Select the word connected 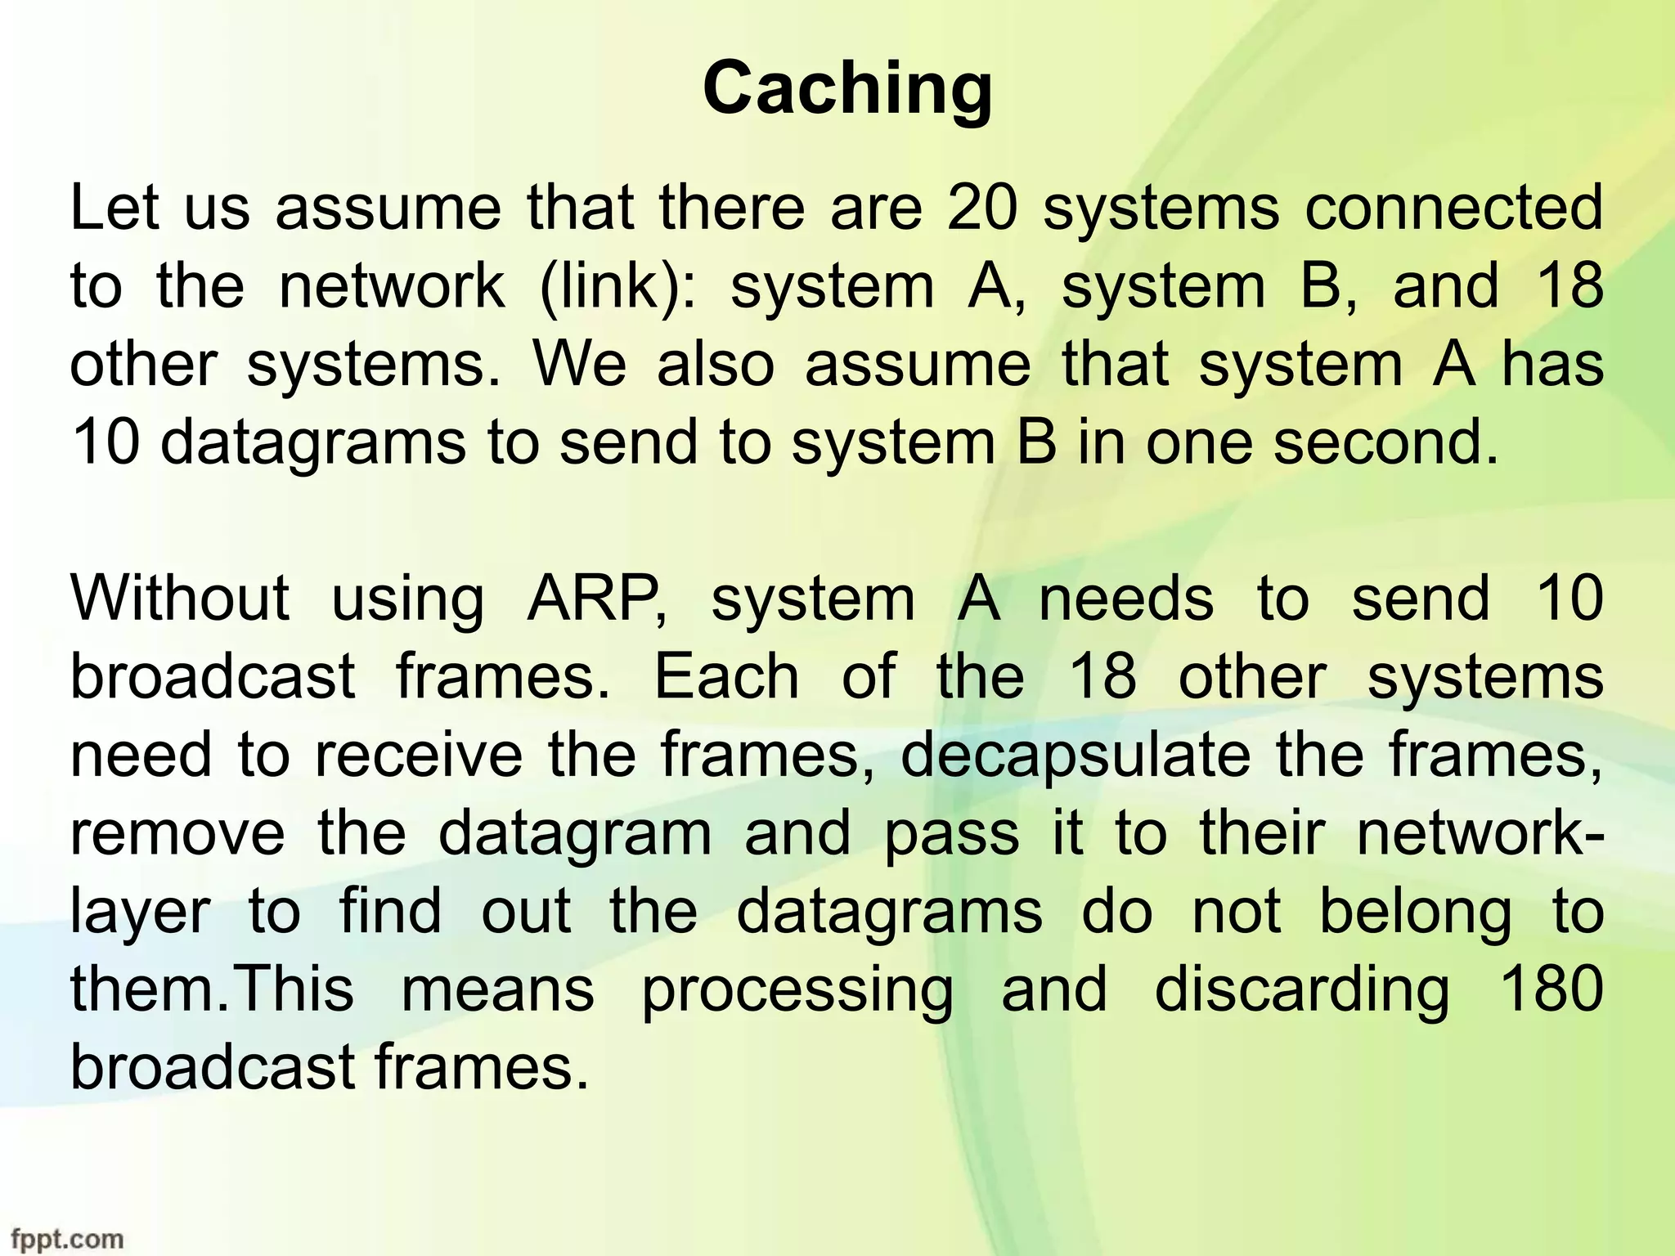point(1453,208)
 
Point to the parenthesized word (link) point(618,286)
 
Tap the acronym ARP point(595,598)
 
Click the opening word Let point(114,208)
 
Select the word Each point(726,676)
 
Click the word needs point(1126,598)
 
